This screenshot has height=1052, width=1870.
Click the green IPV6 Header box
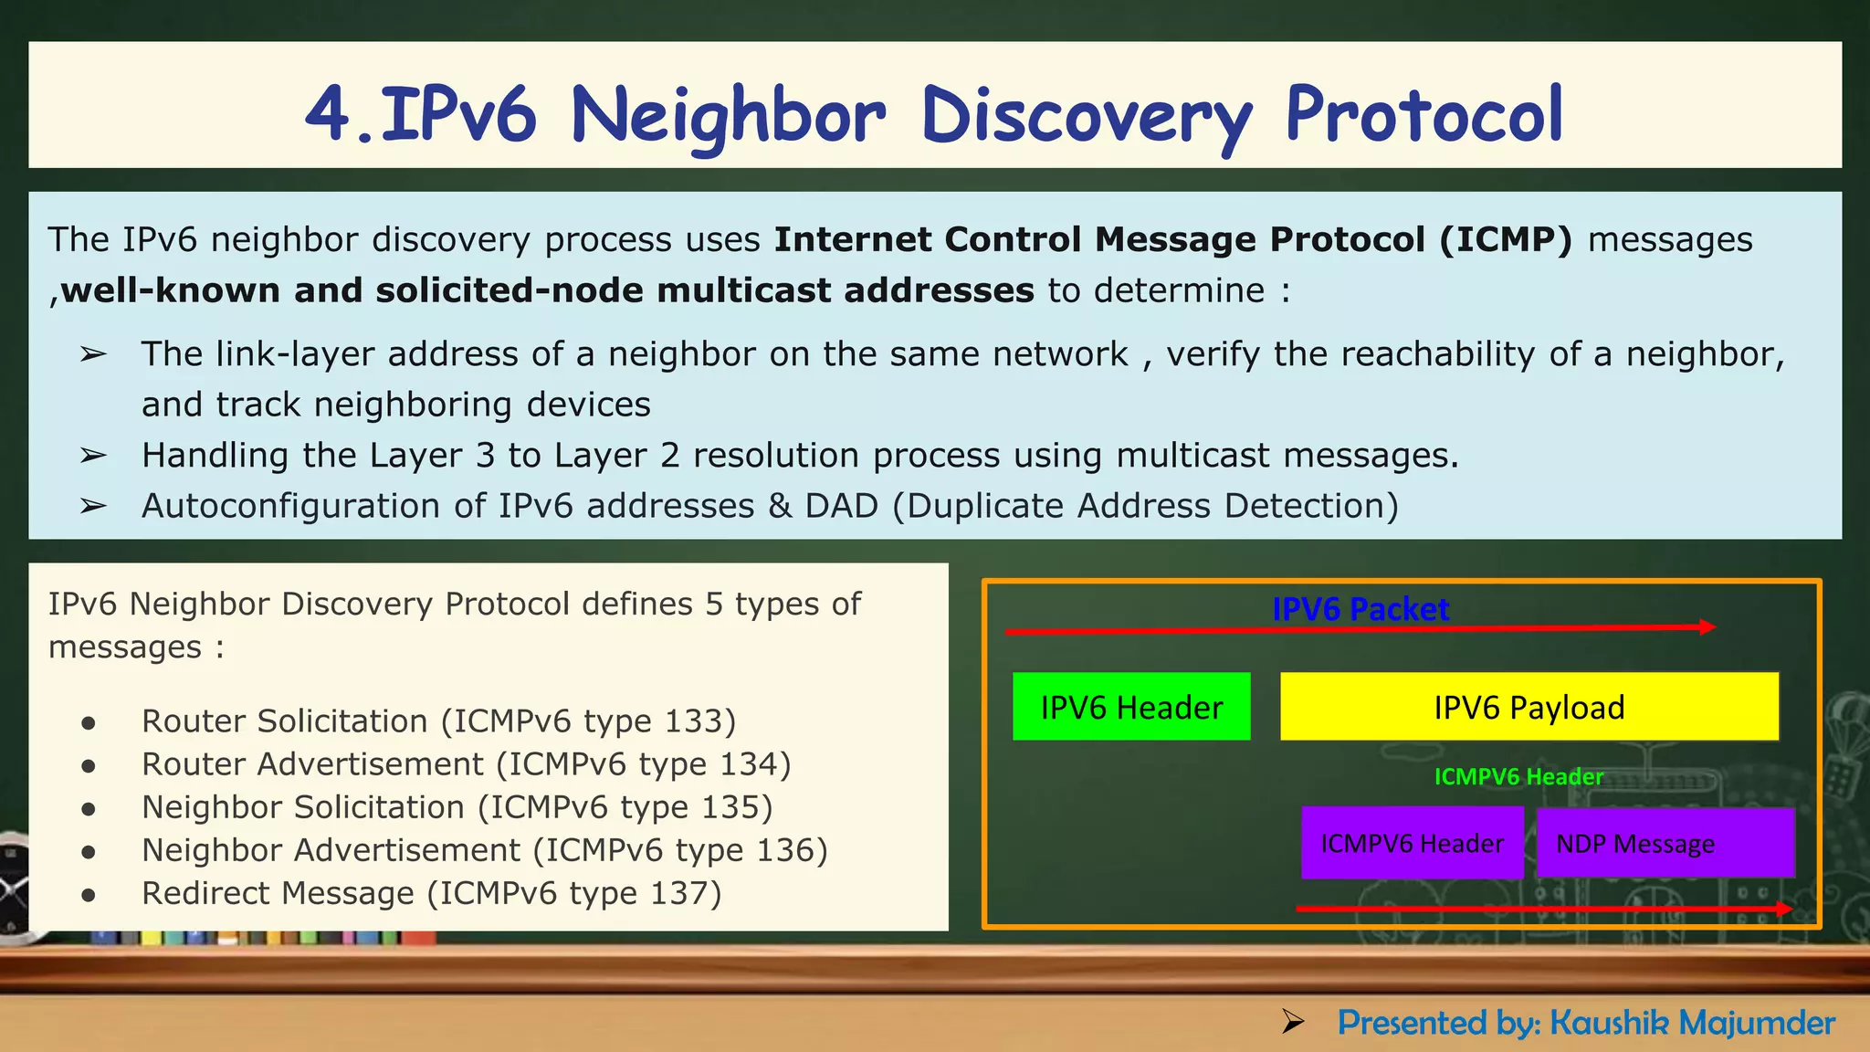(x=1130, y=706)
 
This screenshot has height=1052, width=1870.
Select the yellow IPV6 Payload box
(x=1529, y=706)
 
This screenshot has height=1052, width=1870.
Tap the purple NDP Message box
(x=1665, y=843)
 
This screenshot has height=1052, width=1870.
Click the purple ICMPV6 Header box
(x=1412, y=843)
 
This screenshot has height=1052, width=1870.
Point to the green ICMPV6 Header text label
(x=1518, y=776)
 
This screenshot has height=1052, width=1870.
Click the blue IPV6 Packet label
(x=1360, y=609)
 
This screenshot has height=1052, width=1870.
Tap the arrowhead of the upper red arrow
(x=1707, y=626)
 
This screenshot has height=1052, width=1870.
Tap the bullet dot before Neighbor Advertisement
(x=89, y=852)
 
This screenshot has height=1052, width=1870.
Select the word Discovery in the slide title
(x=1087, y=115)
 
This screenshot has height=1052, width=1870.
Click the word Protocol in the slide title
(x=1424, y=115)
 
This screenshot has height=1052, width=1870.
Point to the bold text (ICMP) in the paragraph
(x=1506, y=239)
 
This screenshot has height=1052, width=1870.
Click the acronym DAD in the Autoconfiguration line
(x=841, y=506)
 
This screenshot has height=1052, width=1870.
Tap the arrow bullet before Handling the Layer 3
(x=93, y=455)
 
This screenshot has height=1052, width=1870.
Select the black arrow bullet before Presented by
(x=1292, y=1022)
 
